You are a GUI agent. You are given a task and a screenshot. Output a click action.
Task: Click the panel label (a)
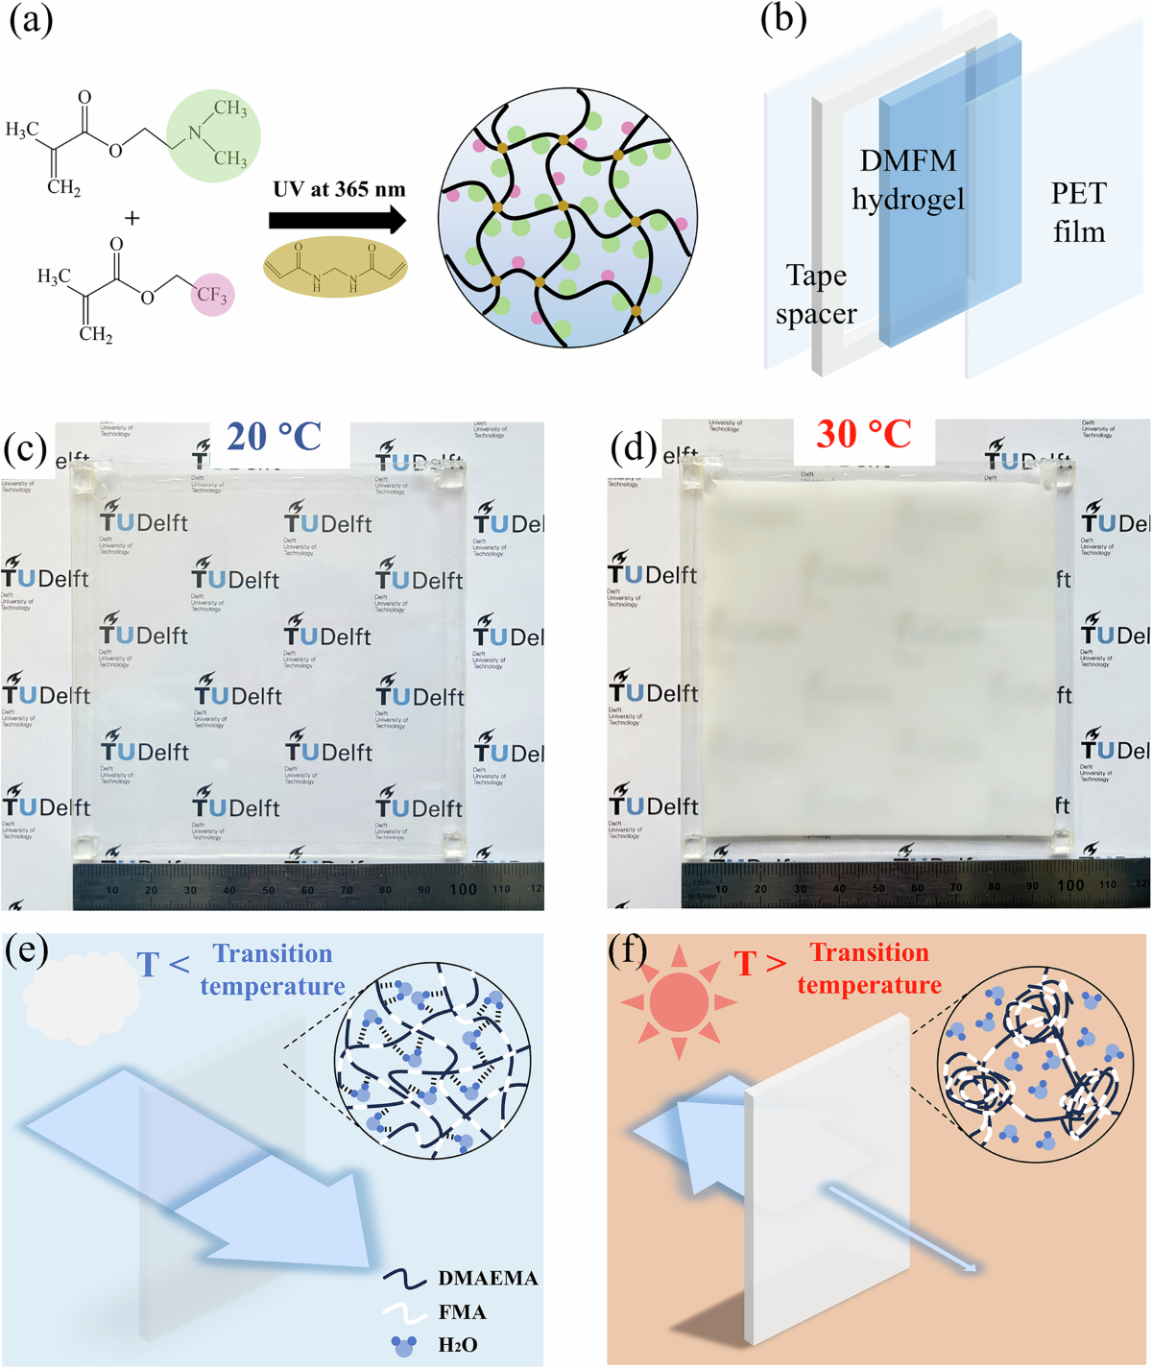click(x=31, y=20)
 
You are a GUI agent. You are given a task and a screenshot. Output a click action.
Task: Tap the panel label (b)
click(x=782, y=20)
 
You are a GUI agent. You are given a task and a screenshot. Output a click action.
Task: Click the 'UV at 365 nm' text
click(x=339, y=189)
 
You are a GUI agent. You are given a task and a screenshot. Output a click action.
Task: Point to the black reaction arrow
click(x=337, y=221)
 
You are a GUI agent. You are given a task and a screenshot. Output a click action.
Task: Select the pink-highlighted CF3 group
click(x=211, y=295)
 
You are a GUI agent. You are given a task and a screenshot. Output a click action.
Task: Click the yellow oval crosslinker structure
click(x=335, y=267)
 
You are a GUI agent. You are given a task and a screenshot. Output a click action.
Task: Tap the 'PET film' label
click(x=1078, y=212)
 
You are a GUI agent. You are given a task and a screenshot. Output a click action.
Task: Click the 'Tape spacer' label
click(x=816, y=295)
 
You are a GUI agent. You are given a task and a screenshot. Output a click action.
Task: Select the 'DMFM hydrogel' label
click(x=908, y=180)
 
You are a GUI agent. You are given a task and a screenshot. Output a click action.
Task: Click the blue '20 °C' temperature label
click(x=274, y=437)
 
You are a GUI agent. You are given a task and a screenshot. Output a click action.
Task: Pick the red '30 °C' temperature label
click(x=864, y=434)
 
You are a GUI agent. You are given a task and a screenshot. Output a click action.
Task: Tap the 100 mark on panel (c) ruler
click(x=463, y=889)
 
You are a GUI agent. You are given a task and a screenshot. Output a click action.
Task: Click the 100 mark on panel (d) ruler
click(x=1070, y=884)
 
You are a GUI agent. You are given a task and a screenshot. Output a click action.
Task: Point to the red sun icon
click(x=679, y=1002)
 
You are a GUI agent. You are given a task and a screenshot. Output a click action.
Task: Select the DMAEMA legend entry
click(x=461, y=1278)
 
